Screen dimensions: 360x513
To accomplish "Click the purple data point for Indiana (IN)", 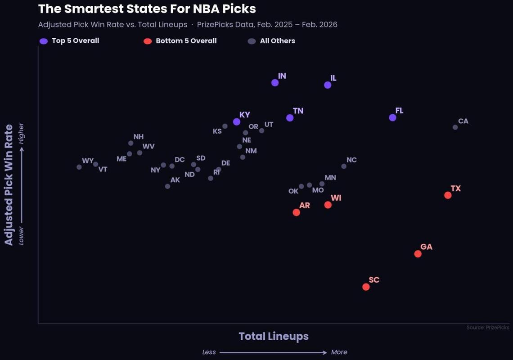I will coord(275,83).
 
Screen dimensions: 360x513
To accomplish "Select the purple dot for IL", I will coord(328,85).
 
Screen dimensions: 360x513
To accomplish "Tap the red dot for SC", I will coord(366,287).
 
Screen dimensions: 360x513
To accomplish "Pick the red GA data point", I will coord(418,254).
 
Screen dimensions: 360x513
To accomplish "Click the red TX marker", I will coord(448,195).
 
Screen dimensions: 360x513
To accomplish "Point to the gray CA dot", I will coord(455,127).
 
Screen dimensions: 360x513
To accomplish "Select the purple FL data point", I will coord(392,117).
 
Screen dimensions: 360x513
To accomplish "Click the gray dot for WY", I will coord(79,167).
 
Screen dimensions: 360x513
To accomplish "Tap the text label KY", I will coord(244,115).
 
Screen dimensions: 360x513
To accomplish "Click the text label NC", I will coord(351,160).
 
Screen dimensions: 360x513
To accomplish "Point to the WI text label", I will coord(336,198).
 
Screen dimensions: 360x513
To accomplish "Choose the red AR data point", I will coord(296,212).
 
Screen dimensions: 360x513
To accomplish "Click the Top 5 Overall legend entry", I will coord(75,41).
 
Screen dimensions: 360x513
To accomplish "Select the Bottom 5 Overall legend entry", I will coord(186,41).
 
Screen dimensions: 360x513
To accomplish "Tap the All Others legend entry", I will coord(277,41).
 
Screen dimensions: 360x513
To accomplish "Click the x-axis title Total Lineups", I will coord(274,336).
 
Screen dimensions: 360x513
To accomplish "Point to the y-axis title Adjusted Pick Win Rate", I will coord(9,185).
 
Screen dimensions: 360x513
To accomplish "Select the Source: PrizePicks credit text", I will coord(488,328).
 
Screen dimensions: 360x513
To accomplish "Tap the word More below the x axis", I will coord(339,352).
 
